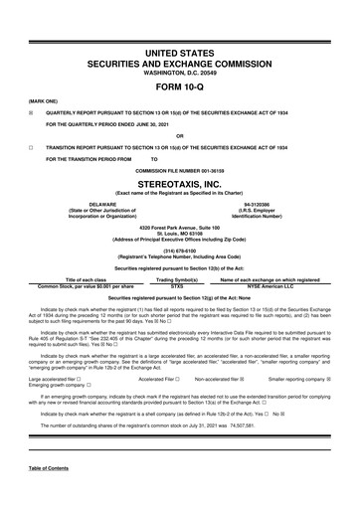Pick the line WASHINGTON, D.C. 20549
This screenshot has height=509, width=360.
click(x=180, y=73)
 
